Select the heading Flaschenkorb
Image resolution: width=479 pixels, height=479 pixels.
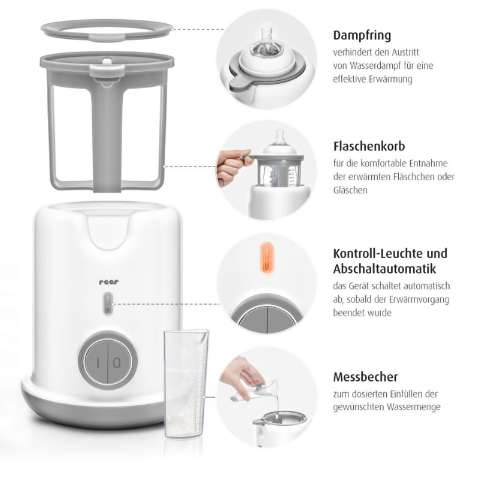tap(369, 147)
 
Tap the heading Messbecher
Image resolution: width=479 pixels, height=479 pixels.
tap(365, 378)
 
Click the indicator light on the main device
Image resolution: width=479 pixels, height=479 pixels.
tap(107, 304)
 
